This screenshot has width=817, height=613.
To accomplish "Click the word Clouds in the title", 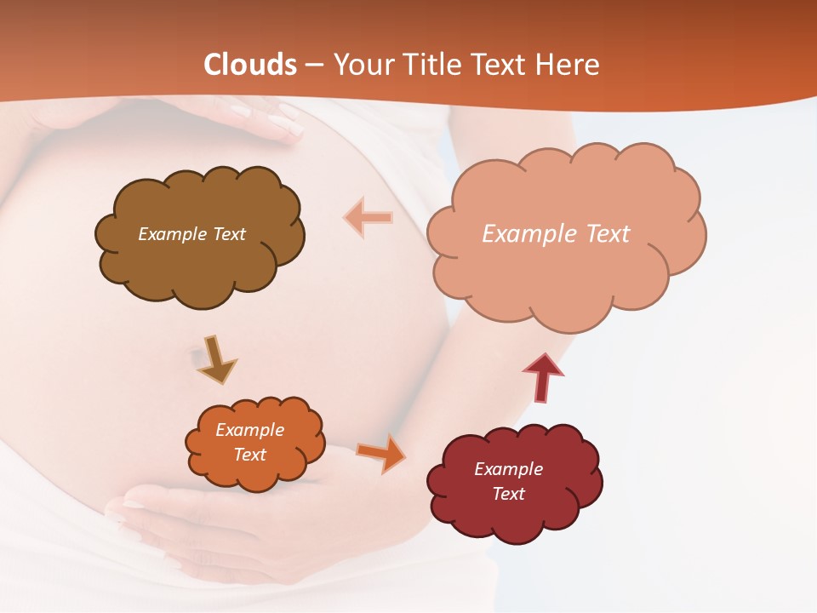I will click(x=250, y=65).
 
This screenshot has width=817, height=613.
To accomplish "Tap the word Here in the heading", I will click(x=568, y=65).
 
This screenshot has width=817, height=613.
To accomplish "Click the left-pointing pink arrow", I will click(x=369, y=217).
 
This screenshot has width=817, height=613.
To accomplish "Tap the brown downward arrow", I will click(x=216, y=358).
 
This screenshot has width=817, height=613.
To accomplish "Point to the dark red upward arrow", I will click(x=542, y=377).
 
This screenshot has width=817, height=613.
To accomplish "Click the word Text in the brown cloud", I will click(x=229, y=234).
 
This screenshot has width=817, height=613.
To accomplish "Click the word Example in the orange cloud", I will click(x=250, y=430).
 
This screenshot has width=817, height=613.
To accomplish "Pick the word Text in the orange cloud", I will click(x=250, y=455).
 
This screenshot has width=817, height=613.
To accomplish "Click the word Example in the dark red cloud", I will click(x=508, y=469).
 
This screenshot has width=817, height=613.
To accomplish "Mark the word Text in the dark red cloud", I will click(x=508, y=494).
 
